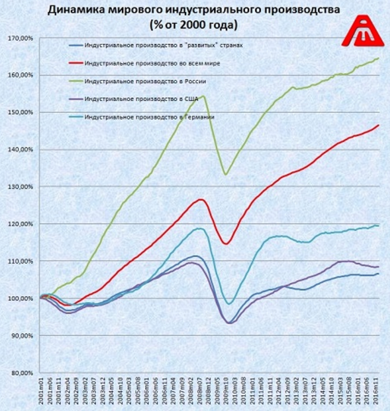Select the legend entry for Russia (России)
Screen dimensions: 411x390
[145, 81]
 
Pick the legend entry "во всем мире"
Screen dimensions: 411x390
[151, 63]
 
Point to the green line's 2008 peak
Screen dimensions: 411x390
[202, 96]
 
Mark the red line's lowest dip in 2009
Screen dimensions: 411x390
[226, 243]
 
